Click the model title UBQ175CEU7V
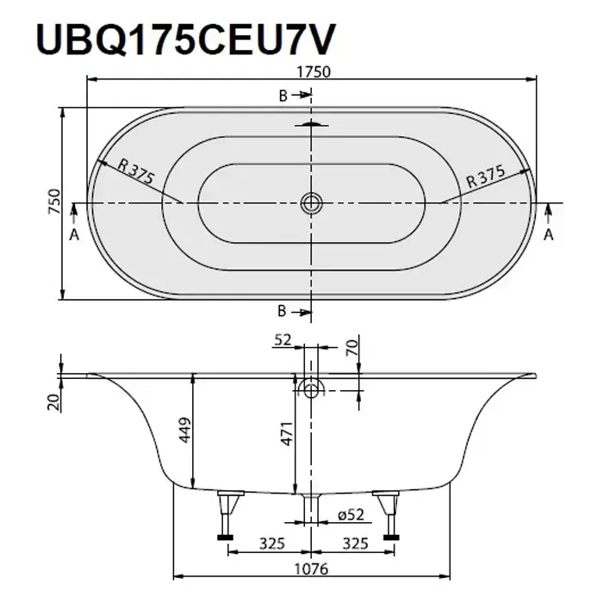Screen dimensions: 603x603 click(186, 40)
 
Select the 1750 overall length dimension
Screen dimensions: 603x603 click(314, 71)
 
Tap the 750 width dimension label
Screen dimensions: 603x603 click(54, 202)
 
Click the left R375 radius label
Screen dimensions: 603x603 click(136, 171)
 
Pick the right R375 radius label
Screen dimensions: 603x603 click(485, 177)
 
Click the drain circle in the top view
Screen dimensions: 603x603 click(311, 202)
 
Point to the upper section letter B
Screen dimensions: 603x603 click(283, 96)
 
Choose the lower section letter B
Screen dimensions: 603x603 click(282, 311)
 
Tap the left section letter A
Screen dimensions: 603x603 click(74, 234)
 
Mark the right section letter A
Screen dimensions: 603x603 click(549, 234)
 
